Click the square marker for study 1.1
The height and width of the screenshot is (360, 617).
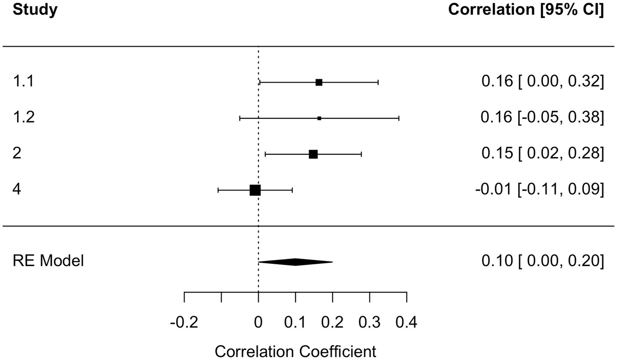(x=319, y=83)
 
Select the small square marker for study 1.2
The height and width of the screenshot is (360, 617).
(x=319, y=118)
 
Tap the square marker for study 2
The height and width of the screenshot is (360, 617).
(x=313, y=154)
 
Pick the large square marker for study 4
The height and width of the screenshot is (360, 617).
(x=255, y=190)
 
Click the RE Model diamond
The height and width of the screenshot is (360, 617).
(x=295, y=262)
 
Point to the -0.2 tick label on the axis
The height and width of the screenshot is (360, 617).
(x=184, y=323)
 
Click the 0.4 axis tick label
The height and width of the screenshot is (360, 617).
(x=406, y=323)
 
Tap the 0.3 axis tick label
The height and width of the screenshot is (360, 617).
(x=369, y=323)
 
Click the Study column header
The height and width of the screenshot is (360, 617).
(x=35, y=10)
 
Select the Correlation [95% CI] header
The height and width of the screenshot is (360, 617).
(x=526, y=10)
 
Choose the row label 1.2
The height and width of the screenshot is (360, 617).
(x=23, y=117)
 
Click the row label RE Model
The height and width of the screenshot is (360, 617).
(x=48, y=261)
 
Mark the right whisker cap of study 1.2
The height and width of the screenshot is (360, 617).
(x=399, y=118)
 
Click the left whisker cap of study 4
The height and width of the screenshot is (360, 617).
(x=218, y=190)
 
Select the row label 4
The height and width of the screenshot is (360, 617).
(x=17, y=190)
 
